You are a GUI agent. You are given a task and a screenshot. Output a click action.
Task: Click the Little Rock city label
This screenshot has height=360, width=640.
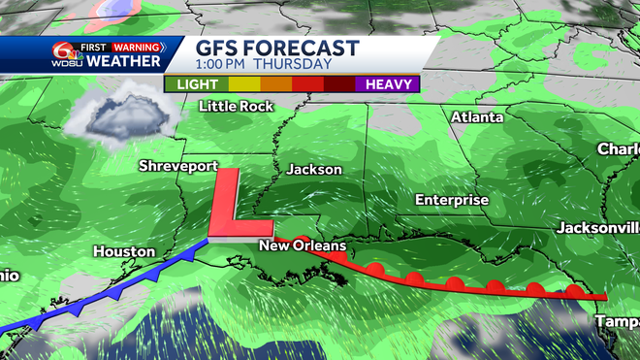pyautogui.click(x=237, y=106)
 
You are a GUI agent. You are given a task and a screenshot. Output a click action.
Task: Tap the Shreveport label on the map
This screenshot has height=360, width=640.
pyautogui.click(x=178, y=166)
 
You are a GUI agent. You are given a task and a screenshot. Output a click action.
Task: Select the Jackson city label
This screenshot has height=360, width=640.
pyautogui.click(x=314, y=169)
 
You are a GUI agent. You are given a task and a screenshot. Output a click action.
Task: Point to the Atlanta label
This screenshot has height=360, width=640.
pyautogui.click(x=476, y=117)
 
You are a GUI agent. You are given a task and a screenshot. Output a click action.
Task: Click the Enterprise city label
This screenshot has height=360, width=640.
pyautogui.click(x=452, y=199)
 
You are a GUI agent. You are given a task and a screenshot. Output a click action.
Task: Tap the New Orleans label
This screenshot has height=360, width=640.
pyautogui.click(x=303, y=247)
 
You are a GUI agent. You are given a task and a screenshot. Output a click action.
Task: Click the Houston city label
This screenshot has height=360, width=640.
pyautogui.click(x=124, y=251)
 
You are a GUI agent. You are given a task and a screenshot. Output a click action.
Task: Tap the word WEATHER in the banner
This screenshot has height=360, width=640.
pyautogui.click(x=124, y=62)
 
